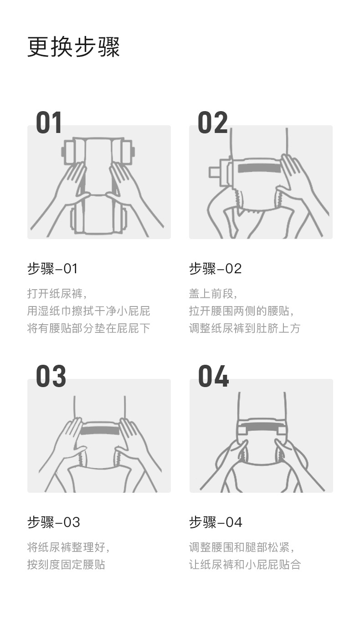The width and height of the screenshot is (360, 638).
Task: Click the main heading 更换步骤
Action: [x=73, y=47]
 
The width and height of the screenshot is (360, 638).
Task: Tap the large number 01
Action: [x=49, y=123]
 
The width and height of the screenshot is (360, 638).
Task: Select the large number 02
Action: [x=212, y=123]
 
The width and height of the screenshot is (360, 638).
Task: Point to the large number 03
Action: [x=51, y=377]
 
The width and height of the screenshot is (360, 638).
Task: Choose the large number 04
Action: [x=213, y=377]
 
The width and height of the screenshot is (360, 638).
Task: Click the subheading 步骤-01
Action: [x=52, y=269]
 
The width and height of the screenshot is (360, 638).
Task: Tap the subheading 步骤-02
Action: [x=215, y=269]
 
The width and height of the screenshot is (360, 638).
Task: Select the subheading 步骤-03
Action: [x=54, y=522]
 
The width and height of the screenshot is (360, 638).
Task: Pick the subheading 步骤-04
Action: [x=216, y=522]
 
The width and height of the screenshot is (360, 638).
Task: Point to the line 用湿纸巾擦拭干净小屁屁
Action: [x=88, y=311]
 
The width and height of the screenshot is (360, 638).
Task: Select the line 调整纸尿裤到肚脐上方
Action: [x=245, y=328]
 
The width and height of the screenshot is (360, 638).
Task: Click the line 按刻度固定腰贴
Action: [x=66, y=564]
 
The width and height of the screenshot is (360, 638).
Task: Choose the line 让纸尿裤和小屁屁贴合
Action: [x=245, y=564]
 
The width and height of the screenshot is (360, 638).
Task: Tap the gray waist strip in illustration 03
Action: [x=100, y=430]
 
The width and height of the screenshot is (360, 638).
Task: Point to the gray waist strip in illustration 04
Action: [x=262, y=427]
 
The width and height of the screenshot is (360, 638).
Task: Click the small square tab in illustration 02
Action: [x=214, y=172]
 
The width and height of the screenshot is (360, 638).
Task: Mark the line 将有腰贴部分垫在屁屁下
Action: [x=88, y=328]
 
